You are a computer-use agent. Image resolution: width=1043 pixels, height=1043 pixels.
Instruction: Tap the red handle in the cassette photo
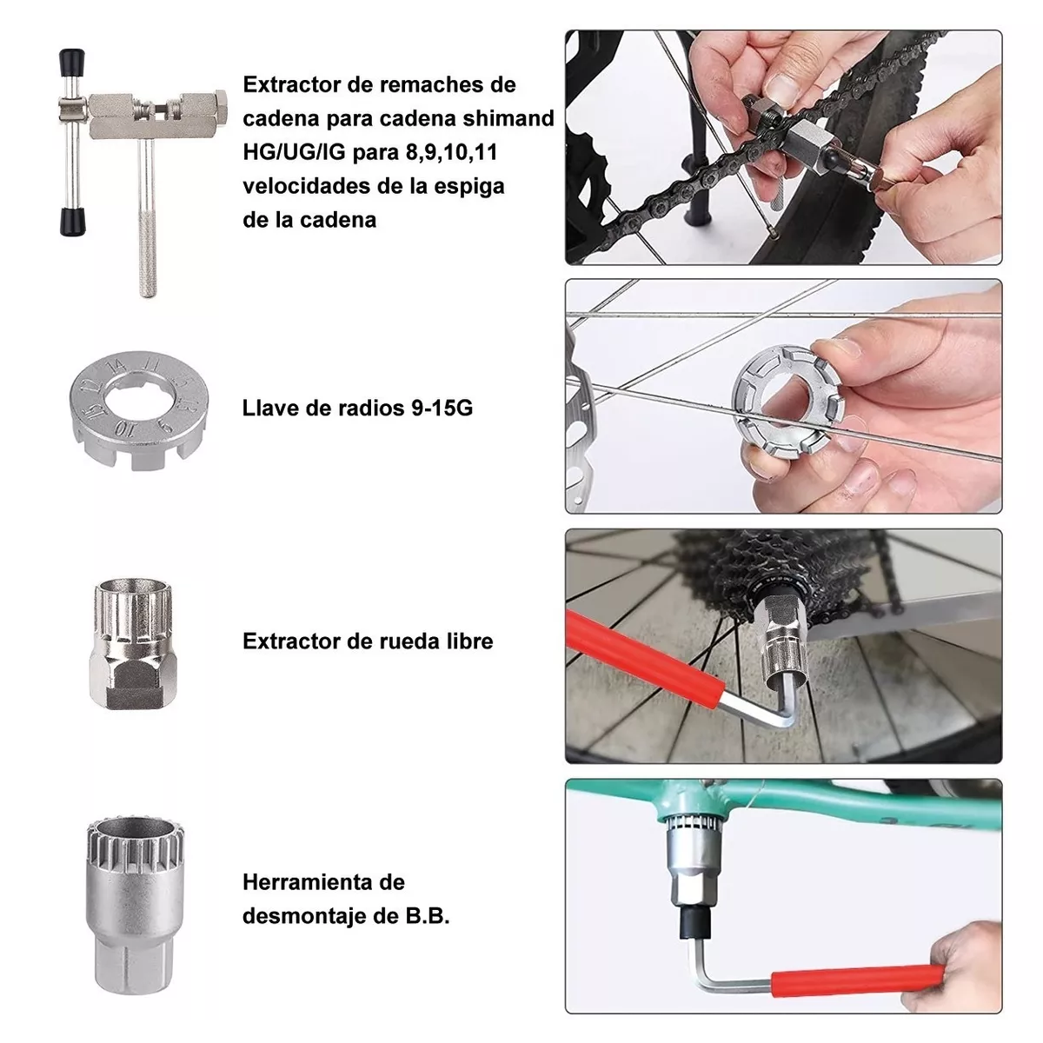[x=642, y=660]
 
